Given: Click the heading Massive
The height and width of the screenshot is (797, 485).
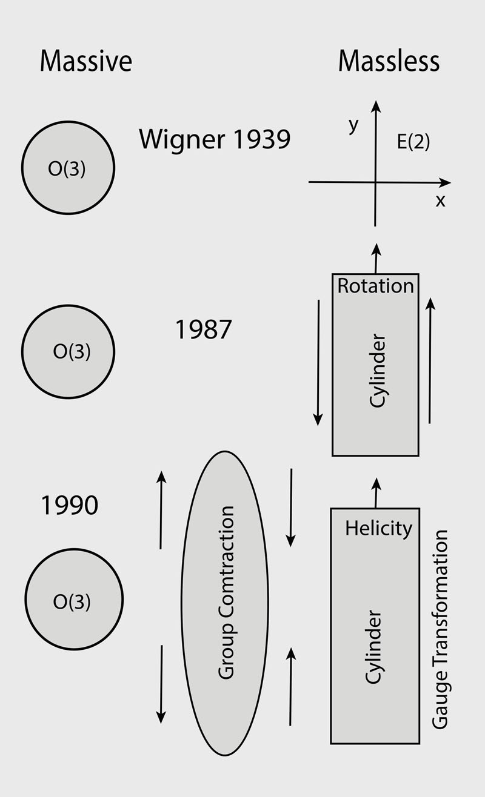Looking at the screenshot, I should click(85, 62).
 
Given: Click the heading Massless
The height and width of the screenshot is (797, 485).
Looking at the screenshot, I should click(389, 62).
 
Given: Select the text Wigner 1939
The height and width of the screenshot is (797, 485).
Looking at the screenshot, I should click(215, 139).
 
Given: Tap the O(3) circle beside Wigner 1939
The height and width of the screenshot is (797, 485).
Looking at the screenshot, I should click(68, 167).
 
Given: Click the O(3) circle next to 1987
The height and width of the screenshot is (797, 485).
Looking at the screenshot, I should click(68, 351).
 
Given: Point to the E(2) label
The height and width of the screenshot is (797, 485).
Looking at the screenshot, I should click(413, 144).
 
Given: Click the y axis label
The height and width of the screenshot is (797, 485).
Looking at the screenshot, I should click(354, 125).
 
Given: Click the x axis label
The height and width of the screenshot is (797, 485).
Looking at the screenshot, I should click(440, 201).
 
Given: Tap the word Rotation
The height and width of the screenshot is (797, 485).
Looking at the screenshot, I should click(375, 285).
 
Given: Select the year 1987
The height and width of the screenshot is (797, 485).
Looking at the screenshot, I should click(203, 329).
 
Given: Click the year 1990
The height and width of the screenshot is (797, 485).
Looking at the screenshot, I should click(69, 505).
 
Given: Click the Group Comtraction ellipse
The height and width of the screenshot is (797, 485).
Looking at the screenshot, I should click(225, 603).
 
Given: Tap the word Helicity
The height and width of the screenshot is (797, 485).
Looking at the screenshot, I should click(378, 528).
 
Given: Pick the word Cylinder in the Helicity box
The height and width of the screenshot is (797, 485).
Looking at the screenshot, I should click(374, 647).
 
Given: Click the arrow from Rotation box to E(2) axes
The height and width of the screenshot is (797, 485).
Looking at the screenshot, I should click(376, 258).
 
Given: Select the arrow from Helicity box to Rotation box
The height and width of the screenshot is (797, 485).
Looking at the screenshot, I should click(376, 492).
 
